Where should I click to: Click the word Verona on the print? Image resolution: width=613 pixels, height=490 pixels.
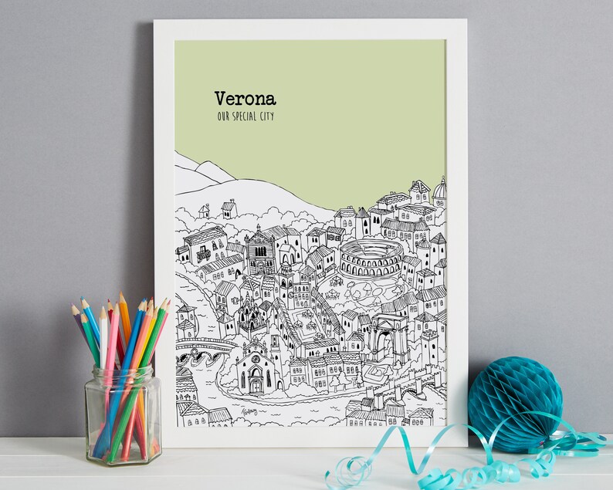tap(245, 99)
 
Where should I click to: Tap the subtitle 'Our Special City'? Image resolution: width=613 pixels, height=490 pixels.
tap(246, 117)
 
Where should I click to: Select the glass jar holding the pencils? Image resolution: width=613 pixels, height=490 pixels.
tap(124, 414)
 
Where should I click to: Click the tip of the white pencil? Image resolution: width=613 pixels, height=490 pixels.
tap(102, 311)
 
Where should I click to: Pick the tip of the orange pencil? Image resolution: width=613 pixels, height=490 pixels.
tap(121, 296)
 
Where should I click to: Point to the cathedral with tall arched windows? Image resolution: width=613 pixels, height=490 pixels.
tap(259, 251)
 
